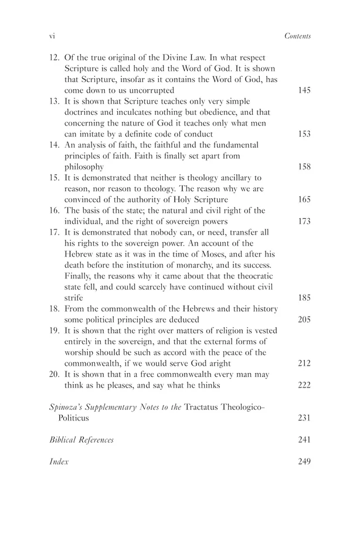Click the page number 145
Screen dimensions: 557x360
pyautogui.click(x=304, y=90)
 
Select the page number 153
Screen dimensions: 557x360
pyautogui.click(x=304, y=134)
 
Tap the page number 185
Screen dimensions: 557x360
pyautogui.click(x=304, y=298)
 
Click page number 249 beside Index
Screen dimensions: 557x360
pyautogui.click(x=304, y=461)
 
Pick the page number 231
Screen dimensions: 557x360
pyautogui.click(x=304, y=417)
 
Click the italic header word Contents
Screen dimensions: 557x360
pyautogui.click(x=297, y=36)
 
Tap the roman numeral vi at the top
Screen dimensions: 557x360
pyautogui.click(x=51, y=36)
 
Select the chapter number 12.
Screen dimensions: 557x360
pyautogui.click(x=53, y=57)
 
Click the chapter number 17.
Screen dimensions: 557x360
pyautogui.click(x=53, y=232)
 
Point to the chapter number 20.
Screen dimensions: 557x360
pyautogui.click(x=53, y=373)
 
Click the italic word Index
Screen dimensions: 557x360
pyautogui.click(x=59, y=461)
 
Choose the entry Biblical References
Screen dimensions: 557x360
pyautogui.click(x=81, y=439)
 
